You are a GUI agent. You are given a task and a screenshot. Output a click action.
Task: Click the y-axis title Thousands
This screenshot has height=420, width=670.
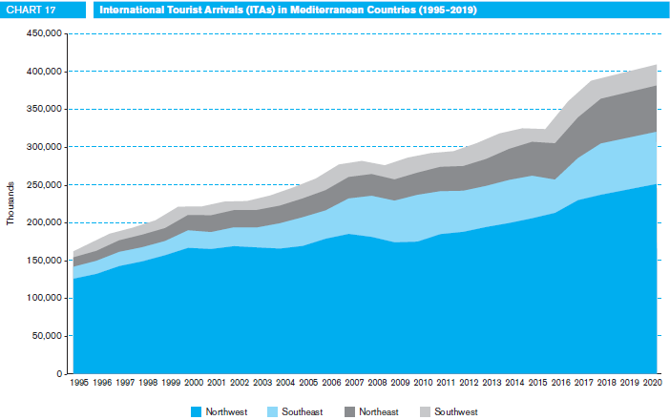pyautogui.click(x=12, y=205)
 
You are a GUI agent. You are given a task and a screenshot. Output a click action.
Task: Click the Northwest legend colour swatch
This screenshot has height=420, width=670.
pyautogui.click(x=198, y=411)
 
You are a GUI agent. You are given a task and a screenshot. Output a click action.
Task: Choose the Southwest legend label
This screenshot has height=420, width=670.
pyautogui.click(x=455, y=411)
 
